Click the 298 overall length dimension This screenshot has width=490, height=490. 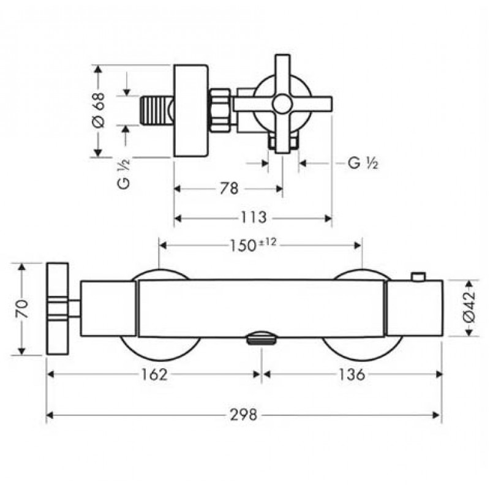pos(243,415)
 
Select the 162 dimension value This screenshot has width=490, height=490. pos(154,374)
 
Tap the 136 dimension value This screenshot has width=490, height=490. pos(352,374)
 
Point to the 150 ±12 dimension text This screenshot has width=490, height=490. pos(253,245)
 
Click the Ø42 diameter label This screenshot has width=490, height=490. pos(469,309)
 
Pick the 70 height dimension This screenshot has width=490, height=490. pos(22,309)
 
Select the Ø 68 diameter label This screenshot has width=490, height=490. pos(99,110)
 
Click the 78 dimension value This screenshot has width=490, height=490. pos(229,189)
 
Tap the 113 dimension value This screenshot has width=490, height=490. pos(254,217)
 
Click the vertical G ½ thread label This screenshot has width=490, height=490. pos(124,174)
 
